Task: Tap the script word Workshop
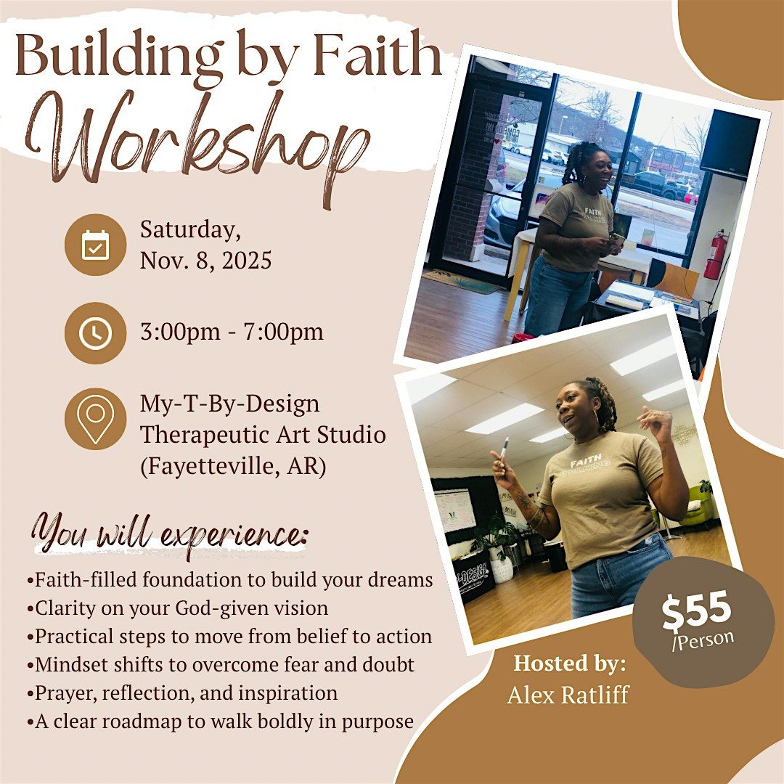point(196,138)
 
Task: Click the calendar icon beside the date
point(95,245)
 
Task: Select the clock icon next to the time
point(95,332)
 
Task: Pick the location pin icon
point(95,419)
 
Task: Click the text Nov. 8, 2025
point(205,260)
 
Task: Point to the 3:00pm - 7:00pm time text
point(232,332)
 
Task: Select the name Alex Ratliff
point(568,695)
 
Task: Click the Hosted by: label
point(570,663)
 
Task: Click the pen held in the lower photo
point(503,448)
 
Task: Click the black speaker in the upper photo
point(728,144)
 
